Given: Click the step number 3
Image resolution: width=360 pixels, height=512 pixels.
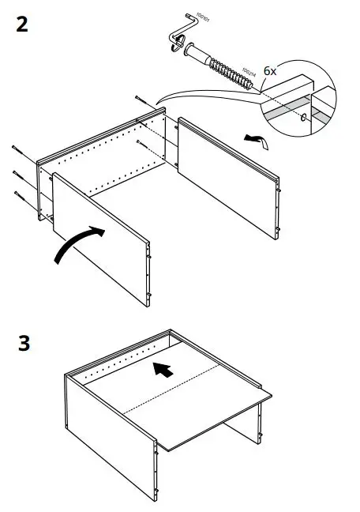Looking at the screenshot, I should pos(23,345).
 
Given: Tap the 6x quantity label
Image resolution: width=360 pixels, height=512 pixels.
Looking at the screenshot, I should pos(270,70).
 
